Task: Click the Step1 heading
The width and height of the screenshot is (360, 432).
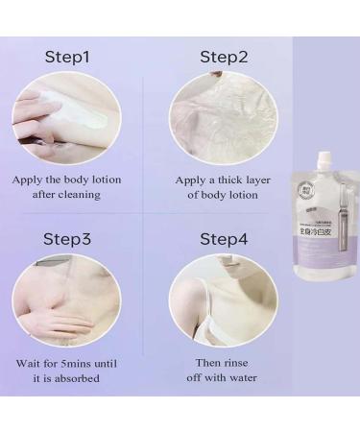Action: [x=67, y=57]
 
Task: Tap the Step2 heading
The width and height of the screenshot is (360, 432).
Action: [x=224, y=57]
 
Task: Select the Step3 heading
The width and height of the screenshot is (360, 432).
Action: [x=67, y=237]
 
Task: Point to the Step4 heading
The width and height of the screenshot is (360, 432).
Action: [x=224, y=237]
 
